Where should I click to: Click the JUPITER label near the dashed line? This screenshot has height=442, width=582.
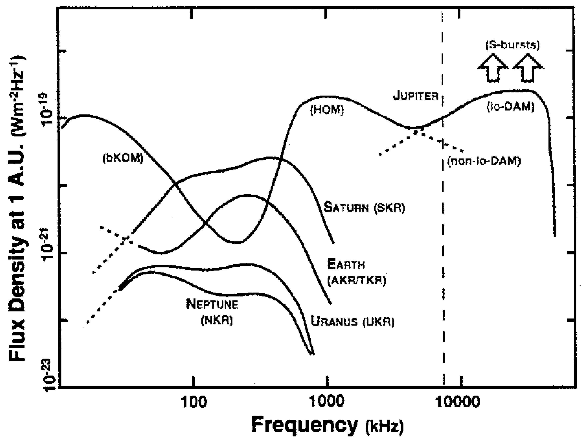click(416, 96)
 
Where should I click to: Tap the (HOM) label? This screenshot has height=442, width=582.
click(327, 110)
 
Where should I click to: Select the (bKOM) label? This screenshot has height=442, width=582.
click(123, 159)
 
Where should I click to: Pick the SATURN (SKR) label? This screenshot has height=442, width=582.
click(364, 207)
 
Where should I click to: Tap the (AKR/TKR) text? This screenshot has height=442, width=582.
click(357, 281)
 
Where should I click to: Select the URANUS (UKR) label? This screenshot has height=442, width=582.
click(353, 322)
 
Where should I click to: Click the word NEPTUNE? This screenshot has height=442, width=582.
click(212, 305)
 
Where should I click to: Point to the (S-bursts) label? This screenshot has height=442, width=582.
click(512, 45)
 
